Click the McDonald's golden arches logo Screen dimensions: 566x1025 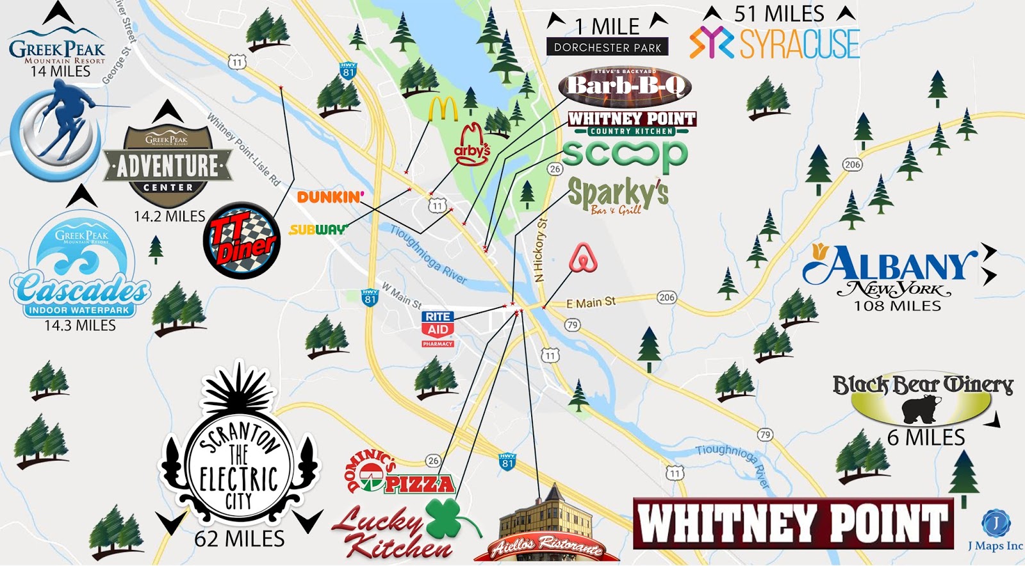click(443, 109)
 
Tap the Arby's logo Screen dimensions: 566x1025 click(472, 146)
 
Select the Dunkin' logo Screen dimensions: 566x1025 click(331, 197)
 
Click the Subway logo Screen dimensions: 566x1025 click(318, 229)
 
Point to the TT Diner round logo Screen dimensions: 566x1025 click(242, 240)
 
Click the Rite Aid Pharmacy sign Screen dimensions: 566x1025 click(438, 329)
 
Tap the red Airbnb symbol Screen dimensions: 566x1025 click(583, 258)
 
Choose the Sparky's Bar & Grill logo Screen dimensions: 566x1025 click(618, 195)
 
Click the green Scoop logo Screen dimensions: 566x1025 click(625, 154)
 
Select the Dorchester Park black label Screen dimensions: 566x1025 click(607, 47)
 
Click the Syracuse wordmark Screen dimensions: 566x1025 click(799, 44)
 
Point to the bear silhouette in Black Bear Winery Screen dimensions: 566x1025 click(921, 409)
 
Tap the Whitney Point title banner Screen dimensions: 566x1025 click(793, 523)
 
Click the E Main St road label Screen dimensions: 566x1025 click(591, 302)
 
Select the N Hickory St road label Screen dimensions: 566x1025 click(541, 250)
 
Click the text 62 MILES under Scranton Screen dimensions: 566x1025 click(239, 539)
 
